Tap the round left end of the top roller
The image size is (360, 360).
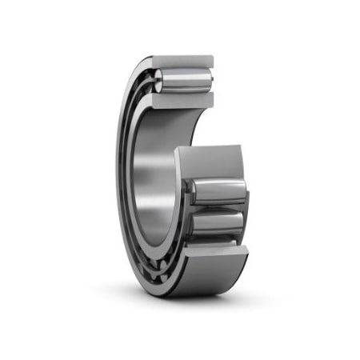[159, 81]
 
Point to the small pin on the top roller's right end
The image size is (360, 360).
[214, 80]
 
